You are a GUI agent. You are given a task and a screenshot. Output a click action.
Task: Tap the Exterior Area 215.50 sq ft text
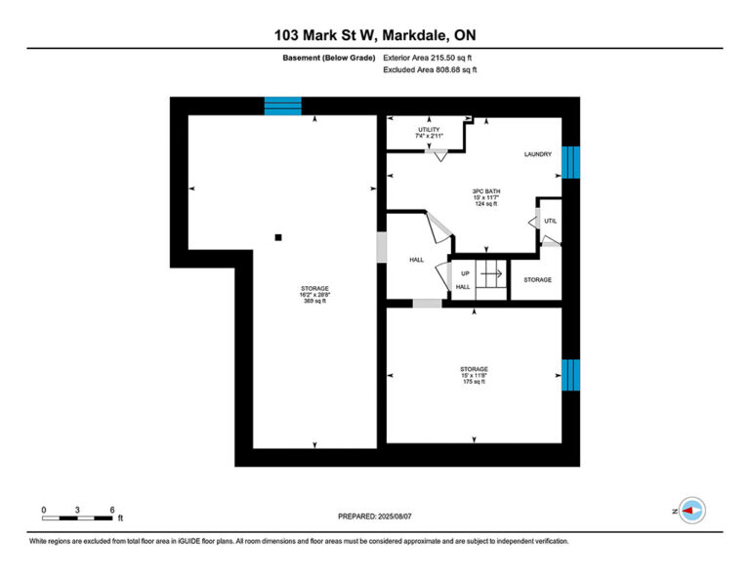click(427, 58)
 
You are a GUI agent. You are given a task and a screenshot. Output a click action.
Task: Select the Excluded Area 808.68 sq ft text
click(430, 69)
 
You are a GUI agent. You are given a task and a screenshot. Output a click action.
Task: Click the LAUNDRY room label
click(538, 154)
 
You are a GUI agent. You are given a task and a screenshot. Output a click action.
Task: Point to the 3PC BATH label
click(486, 191)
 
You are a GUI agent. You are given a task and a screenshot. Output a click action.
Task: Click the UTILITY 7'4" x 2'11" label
click(429, 133)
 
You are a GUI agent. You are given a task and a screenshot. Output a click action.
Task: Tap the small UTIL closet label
click(550, 222)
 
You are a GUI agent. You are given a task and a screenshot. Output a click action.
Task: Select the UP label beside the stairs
click(465, 274)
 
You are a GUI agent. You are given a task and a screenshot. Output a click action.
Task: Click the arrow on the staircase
click(491, 274)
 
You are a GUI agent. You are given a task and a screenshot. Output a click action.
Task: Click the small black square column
click(278, 237)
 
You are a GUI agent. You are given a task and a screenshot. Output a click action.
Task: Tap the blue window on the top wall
click(282, 106)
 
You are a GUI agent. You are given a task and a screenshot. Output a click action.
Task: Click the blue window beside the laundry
click(570, 162)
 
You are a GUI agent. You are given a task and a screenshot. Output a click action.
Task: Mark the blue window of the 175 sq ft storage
click(570, 375)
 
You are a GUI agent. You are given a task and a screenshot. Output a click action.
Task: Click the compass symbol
click(692, 511)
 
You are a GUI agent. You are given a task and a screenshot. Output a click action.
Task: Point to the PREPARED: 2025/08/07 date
click(375, 517)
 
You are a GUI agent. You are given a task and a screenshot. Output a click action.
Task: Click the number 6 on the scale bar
click(112, 510)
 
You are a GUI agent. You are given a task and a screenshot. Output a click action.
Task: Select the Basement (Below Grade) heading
click(328, 58)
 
